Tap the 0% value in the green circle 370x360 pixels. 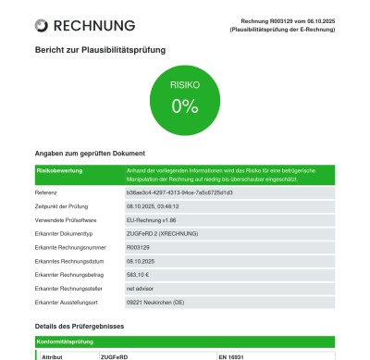pos(184,105)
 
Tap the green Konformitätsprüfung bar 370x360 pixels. pos(185,341)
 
